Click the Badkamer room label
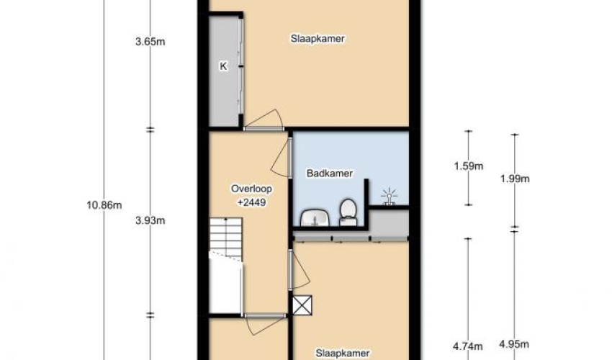[330, 173]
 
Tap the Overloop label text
[252, 189]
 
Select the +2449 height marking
[252, 202]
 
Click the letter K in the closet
[223, 66]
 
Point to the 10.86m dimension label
[104, 205]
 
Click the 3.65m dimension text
[150, 41]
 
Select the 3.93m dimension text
[150, 220]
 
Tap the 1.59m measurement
[469, 166]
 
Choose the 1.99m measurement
[515, 179]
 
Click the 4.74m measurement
[467, 346]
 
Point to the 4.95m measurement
[514, 344]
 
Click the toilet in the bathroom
[348, 212]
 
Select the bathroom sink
[315, 218]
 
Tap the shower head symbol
[389, 197]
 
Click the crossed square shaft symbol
[302, 305]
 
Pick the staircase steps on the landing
[225, 238]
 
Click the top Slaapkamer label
[318, 39]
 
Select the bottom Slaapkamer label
[342, 354]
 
